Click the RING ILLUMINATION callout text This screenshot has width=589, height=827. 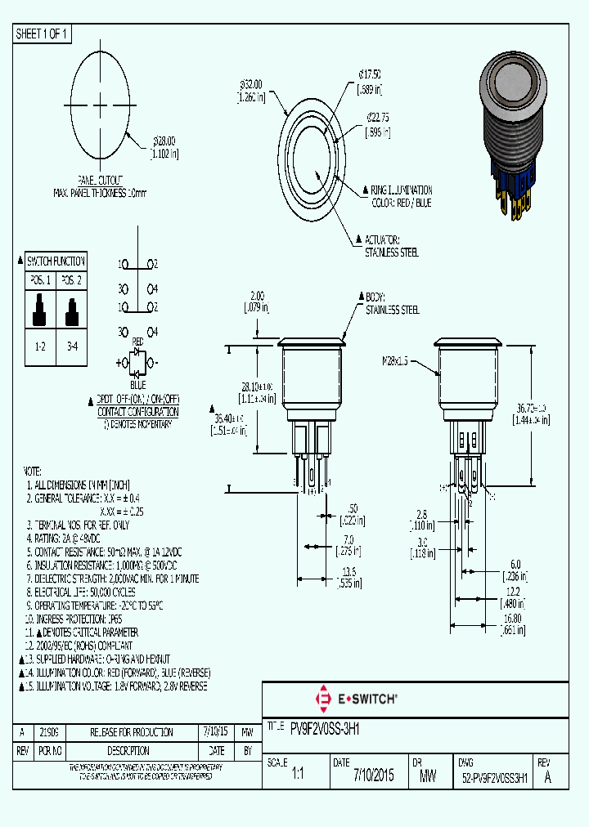click(x=402, y=190)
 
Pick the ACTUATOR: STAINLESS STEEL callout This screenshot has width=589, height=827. click(x=391, y=246)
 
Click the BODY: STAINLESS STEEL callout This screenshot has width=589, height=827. click(x=392, y=304)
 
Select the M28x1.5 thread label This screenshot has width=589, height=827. click(x=396, y=360)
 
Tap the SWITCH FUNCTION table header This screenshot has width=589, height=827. click(x=56, y=262)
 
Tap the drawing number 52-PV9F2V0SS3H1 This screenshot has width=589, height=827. click(x=493, y=776)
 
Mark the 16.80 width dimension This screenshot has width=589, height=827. click(x=512, y=624)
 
